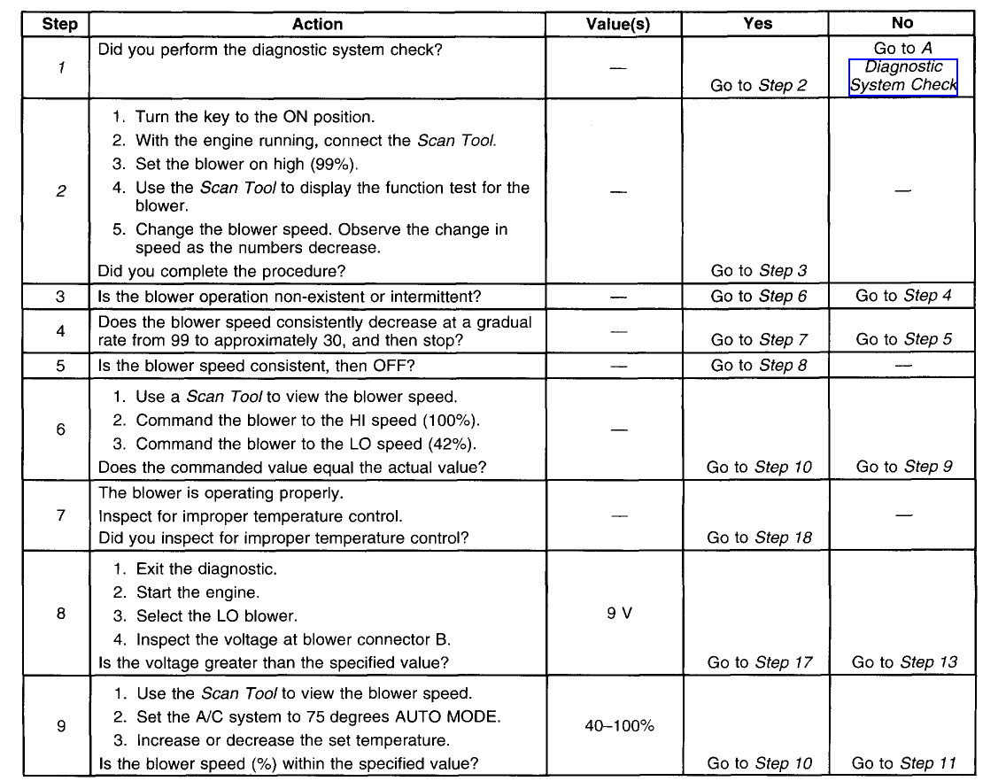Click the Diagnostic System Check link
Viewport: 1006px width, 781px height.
[x=902, y=76]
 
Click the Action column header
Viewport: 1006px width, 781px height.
[x=317, y=25]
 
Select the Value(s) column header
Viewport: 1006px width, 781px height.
[x=618, y=25]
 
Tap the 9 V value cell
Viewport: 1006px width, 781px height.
[x=619, y=613]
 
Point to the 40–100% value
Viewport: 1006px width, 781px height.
[x=619, y=726]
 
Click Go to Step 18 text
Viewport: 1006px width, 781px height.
[x=759, y=537]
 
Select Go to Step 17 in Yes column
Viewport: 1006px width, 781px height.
[x=759, y=662]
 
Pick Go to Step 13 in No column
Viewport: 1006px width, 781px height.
[x=904, y=662]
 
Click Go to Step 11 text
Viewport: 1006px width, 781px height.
[x=904, y=763]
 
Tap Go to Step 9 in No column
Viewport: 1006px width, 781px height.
[x=904, y=467]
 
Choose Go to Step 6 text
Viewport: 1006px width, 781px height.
[x=759, y=297]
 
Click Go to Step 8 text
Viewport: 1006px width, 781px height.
[x=759, y=365]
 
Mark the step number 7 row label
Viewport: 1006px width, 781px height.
[x=60, y=514]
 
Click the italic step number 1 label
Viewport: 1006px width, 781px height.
[x=60, y=67]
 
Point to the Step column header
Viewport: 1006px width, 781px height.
[x=60, y=25]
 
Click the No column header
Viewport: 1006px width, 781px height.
[x=902, y=23]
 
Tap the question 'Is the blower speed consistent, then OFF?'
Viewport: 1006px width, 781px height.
[x=263, y=365]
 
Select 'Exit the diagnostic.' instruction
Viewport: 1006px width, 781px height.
[x=206, y=569]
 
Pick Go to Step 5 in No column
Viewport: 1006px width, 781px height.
[x=904, y=339]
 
